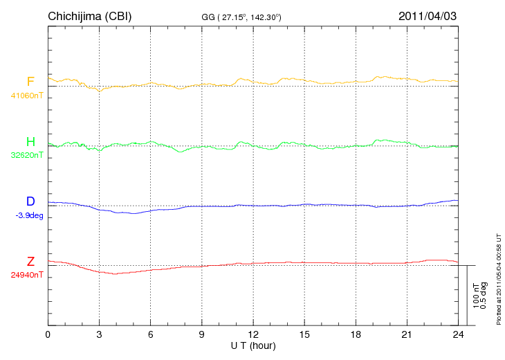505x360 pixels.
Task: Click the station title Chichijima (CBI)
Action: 89,16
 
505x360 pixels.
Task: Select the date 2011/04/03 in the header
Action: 427,16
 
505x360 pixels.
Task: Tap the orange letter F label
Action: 30,82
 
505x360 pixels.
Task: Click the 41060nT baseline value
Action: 27,96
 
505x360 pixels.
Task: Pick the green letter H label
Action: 30,142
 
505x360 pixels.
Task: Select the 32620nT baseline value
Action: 27,155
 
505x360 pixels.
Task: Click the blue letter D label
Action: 30,201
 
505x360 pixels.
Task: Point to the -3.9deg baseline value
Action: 29,215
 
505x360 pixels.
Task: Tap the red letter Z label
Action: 30,262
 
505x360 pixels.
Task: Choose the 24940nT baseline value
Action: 27,275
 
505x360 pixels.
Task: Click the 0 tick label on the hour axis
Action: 48,334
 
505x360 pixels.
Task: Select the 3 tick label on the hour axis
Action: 99,334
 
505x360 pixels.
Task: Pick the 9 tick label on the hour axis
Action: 202,334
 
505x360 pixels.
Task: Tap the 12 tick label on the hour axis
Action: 253,334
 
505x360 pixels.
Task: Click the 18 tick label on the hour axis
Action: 356,334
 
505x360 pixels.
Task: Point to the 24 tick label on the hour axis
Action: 458,334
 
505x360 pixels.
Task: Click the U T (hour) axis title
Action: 253,345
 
